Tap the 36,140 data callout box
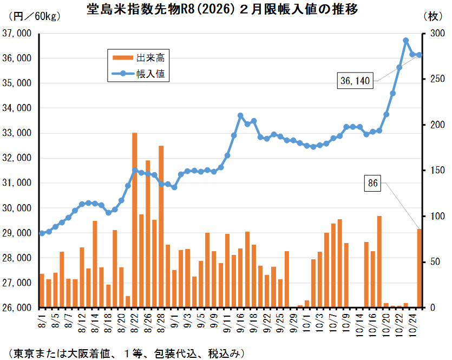tap(355, 81)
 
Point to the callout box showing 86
tap(373, 184)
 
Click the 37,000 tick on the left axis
tap(17, 34)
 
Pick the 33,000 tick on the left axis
tap(17, 133)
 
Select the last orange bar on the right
tap(419, 268)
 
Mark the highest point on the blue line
tap(406, 41)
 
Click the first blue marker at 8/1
tap(42, 233)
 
